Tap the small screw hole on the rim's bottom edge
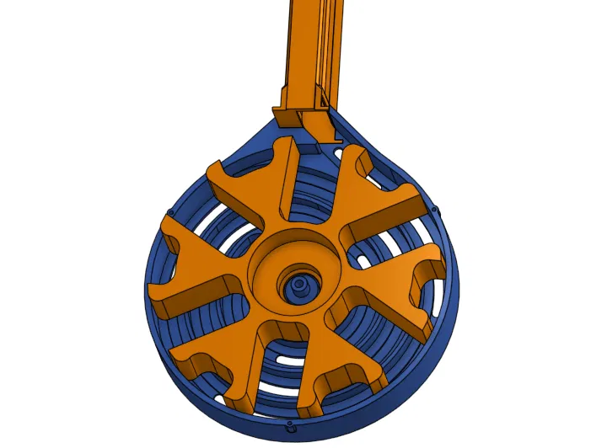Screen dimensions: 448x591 [291, 427]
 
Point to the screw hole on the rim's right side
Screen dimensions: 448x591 [434, 208]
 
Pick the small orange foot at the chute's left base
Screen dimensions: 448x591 [286, 118]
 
